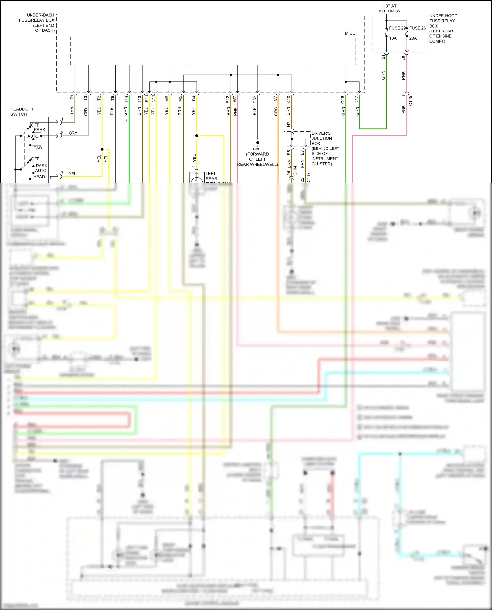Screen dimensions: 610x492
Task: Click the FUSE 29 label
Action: click(398, 28)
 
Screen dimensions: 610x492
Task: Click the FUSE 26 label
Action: click(418, 28)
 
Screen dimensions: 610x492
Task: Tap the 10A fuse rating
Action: click(393, 38)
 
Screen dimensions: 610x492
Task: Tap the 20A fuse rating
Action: click(413, 38)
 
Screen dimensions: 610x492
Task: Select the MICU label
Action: click(350, 33)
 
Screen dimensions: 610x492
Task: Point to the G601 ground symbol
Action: click(258, 143)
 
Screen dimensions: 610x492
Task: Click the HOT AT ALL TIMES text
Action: click(389, 9)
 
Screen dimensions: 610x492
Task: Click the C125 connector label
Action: click(411, 101)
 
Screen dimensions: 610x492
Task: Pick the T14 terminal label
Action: click(126, 99)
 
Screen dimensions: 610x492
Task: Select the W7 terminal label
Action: click(235, 99)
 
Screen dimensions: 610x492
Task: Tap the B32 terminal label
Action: click(255, 99)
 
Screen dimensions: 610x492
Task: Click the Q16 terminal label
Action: click(343, 99)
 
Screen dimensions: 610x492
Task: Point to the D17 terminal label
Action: click(357, 99)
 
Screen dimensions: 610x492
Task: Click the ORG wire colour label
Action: click(276, 111)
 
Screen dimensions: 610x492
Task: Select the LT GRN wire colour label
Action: click(125, 114)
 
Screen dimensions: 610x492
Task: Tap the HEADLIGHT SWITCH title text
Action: click(22, 112)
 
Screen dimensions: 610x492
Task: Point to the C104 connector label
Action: click(295, 171)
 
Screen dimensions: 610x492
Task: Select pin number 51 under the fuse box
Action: click(383, 57)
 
